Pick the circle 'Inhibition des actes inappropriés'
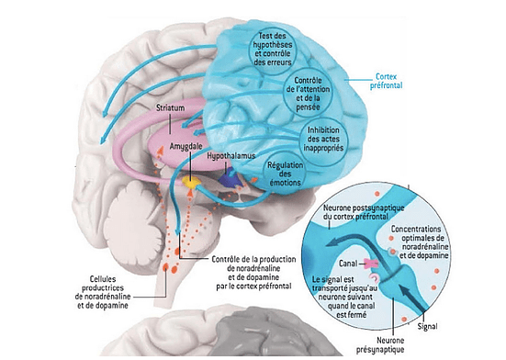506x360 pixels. pyautogui.click(x=323, y=139)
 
